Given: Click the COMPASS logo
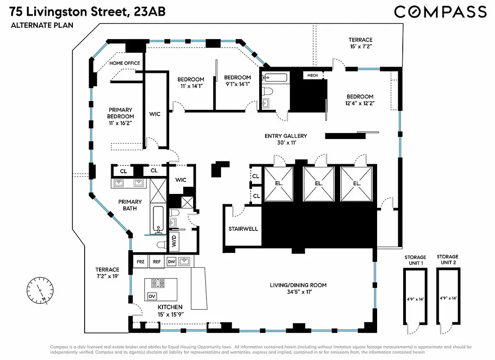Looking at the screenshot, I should [x=440, y=12].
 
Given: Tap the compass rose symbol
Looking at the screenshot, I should [x=40, y=291].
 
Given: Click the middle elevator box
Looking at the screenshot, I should [x=319, y=184].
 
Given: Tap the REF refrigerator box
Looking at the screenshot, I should [x=157, y=261].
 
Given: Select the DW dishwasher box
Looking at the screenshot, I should [x=171, y=261].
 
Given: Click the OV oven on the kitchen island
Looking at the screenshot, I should [x=152, y=297].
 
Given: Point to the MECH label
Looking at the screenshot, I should [x=313, y=76].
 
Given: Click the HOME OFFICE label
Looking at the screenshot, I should [x=125, y=63].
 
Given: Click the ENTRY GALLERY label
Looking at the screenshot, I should [x=285, y=136].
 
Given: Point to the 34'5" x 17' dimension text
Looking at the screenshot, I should [x=298, y=293].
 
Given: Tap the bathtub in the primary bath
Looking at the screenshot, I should [x=158, y=220].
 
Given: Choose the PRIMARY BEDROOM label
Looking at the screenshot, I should [x=120, y=113].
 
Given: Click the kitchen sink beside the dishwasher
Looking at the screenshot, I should [x=184, y=261].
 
